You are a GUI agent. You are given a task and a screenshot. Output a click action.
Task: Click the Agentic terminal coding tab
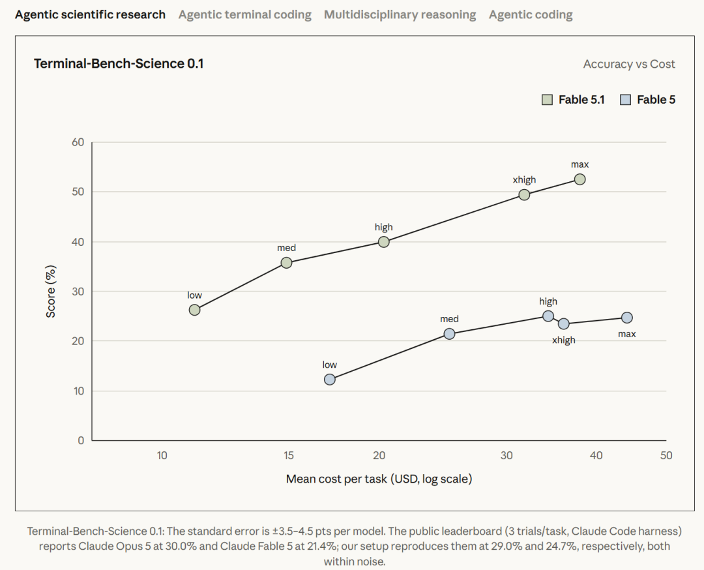(x=244, y=15)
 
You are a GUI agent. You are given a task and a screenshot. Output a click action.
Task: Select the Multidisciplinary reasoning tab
(x=400, y=15)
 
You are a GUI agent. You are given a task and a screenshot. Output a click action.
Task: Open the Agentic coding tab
(x=531, y=15)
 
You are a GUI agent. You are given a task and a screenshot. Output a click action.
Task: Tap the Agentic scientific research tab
(x=90, y=15)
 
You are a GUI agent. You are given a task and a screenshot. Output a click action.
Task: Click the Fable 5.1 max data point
(x=579, y=179)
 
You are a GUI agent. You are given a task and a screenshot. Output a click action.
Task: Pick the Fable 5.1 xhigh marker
(x=524, y=194)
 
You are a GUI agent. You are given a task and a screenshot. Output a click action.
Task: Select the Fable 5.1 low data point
(x=194, y=310)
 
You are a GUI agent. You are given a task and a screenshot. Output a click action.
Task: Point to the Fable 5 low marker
(x=330, y=380)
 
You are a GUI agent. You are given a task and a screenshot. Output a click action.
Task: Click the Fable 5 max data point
(x=627, y=318)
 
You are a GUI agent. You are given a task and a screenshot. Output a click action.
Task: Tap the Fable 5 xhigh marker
(x=563, y=323)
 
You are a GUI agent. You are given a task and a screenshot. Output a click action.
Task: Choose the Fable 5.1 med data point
(x=286, y=263)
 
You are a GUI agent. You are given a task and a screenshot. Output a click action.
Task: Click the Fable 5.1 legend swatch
(x=547, y=100)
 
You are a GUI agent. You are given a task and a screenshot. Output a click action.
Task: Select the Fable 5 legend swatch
(x=625, y=100)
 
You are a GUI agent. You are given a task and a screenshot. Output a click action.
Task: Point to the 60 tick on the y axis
(x=78, y=142)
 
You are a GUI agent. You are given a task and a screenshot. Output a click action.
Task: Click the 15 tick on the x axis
(x=289, y=455)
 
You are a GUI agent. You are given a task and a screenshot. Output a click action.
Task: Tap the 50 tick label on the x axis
(x=666, y=455)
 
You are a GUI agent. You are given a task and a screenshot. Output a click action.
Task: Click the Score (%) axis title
(x=51, y=292)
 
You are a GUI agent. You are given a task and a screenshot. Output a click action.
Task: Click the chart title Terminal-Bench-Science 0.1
(x=119, y=64)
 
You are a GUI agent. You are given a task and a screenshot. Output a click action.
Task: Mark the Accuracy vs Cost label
(x=629, y=64)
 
